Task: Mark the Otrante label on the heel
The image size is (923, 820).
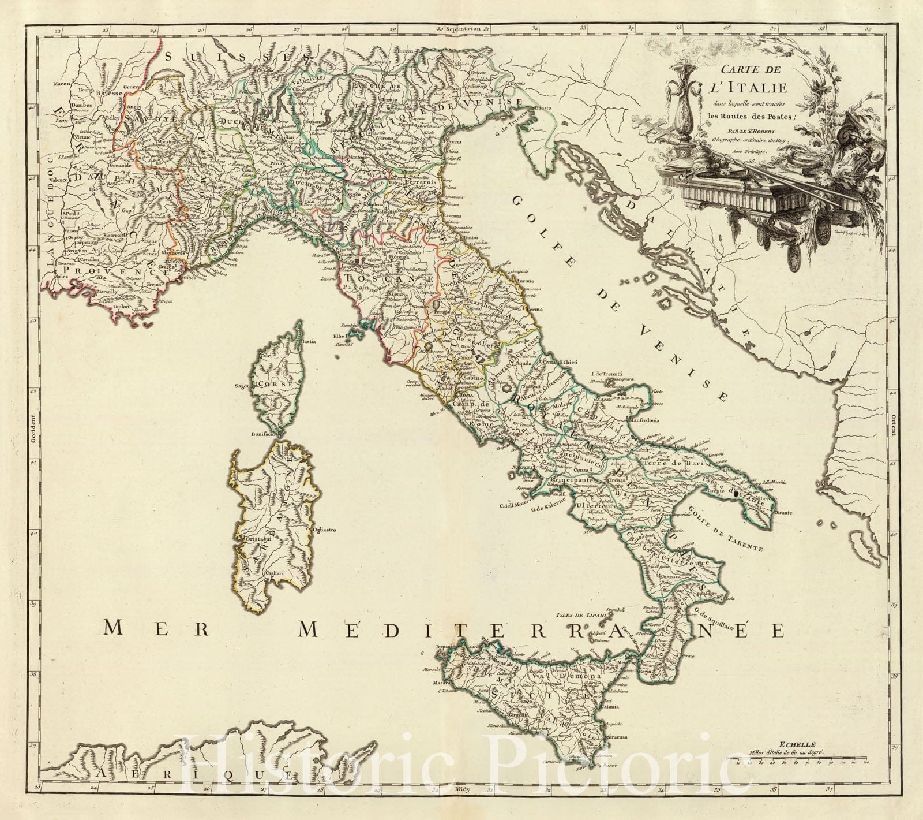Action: click(786, 513)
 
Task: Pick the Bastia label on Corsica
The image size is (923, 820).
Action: click(310, 342)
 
